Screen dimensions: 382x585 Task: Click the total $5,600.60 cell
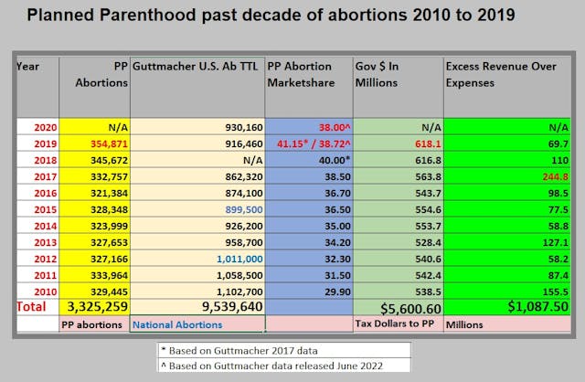pos(398,308)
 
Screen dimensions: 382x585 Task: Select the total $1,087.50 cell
pos(531,308)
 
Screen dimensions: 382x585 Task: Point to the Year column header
pos(28,66)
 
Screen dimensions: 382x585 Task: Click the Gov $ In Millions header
pos(389,74)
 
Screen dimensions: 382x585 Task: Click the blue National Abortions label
pos(178,324)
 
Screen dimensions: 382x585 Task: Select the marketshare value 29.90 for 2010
pos(325,292)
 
